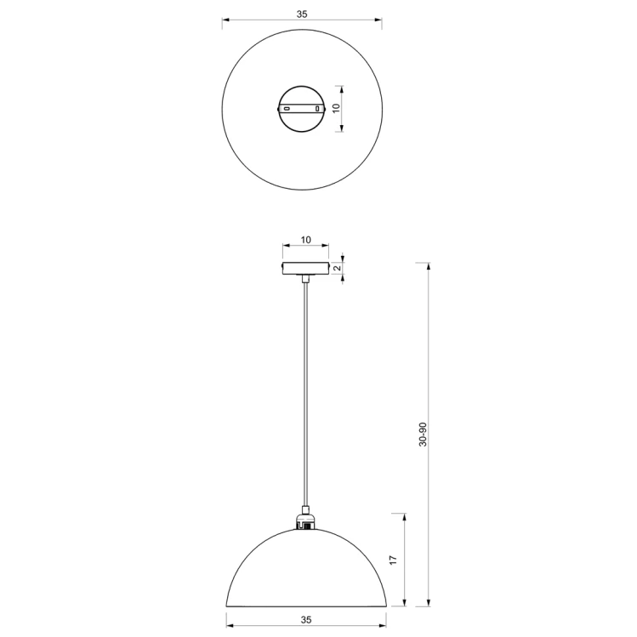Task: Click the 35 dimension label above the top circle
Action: [302, 14]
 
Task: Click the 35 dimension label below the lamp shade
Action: [306, 619]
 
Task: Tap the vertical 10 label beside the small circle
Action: [336, 108]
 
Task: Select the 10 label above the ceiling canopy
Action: [306, 240]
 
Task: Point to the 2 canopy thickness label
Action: [337, 268]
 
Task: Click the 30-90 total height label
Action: [423, 435]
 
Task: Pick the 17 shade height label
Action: [393, 560]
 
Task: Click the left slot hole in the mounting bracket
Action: [287, 109]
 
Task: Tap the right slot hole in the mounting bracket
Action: [317, 109]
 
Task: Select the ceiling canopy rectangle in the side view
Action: [305, 269]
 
